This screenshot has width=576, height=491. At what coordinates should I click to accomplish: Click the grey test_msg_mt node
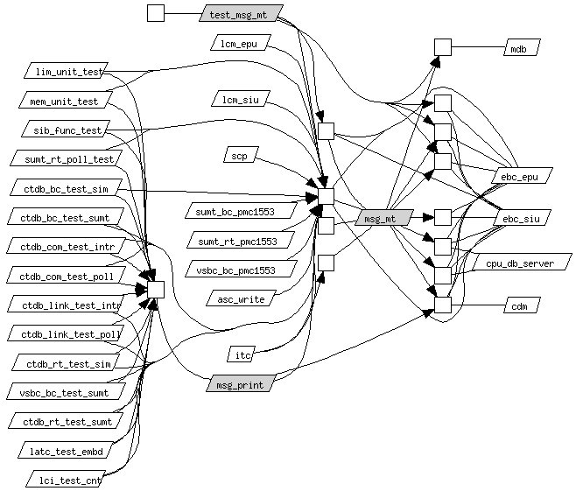point(241,13)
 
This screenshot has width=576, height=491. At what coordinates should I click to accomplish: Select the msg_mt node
point(384,218)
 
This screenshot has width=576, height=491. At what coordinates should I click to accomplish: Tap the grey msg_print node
point(241,383)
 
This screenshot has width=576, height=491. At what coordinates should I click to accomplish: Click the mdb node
point(522,47)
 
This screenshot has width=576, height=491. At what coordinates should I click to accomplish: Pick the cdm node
point(522,305)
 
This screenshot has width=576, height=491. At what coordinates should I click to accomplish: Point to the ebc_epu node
point(522,176)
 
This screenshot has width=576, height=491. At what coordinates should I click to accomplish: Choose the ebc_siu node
point(522,217)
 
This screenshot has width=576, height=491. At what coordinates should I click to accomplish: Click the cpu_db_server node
point(522,262)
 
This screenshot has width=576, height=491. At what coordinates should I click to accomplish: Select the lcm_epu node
point(241,43)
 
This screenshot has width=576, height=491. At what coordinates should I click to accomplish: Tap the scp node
point(241,155)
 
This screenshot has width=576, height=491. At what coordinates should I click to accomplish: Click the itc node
point(241,354)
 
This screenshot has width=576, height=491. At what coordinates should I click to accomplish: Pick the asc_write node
point(241,298)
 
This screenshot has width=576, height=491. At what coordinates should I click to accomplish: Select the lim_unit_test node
point(67,71)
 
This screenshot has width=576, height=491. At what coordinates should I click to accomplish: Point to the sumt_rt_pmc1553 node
point(241,240)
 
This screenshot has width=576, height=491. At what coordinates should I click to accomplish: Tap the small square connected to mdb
point(443,47)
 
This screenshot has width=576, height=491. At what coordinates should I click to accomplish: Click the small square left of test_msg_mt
point(156,13)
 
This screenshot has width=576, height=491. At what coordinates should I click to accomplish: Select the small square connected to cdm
point(443,305)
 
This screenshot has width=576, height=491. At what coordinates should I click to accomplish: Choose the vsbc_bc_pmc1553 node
point(241,269)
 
